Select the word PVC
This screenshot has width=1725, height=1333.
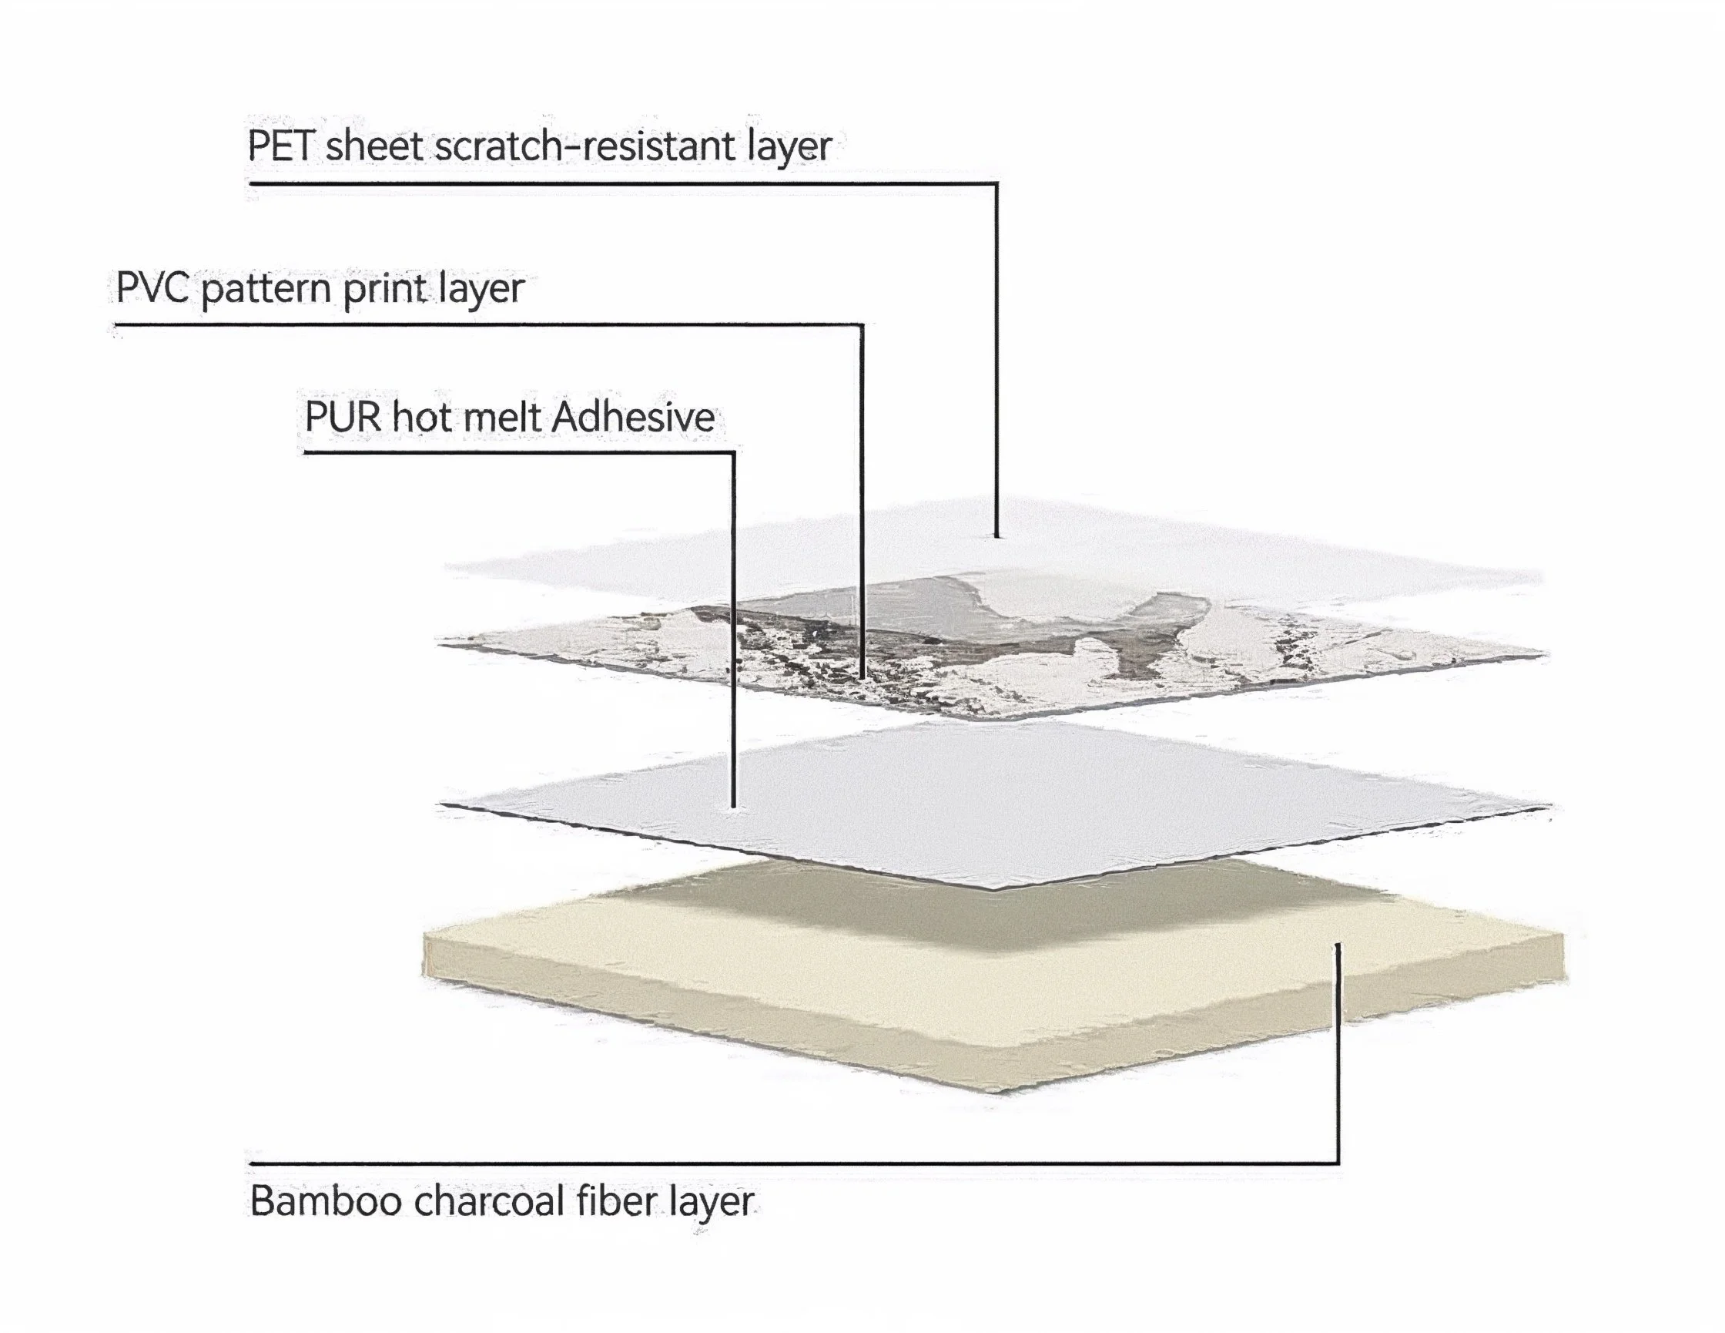coord(152,287)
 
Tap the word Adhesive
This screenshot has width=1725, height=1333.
coord(634,417)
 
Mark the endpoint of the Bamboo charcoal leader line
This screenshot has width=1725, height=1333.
coord(1337,946)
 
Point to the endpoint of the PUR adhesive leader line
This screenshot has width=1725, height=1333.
coord(734,806)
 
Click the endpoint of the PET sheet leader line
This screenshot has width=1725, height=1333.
coord(996,536)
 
